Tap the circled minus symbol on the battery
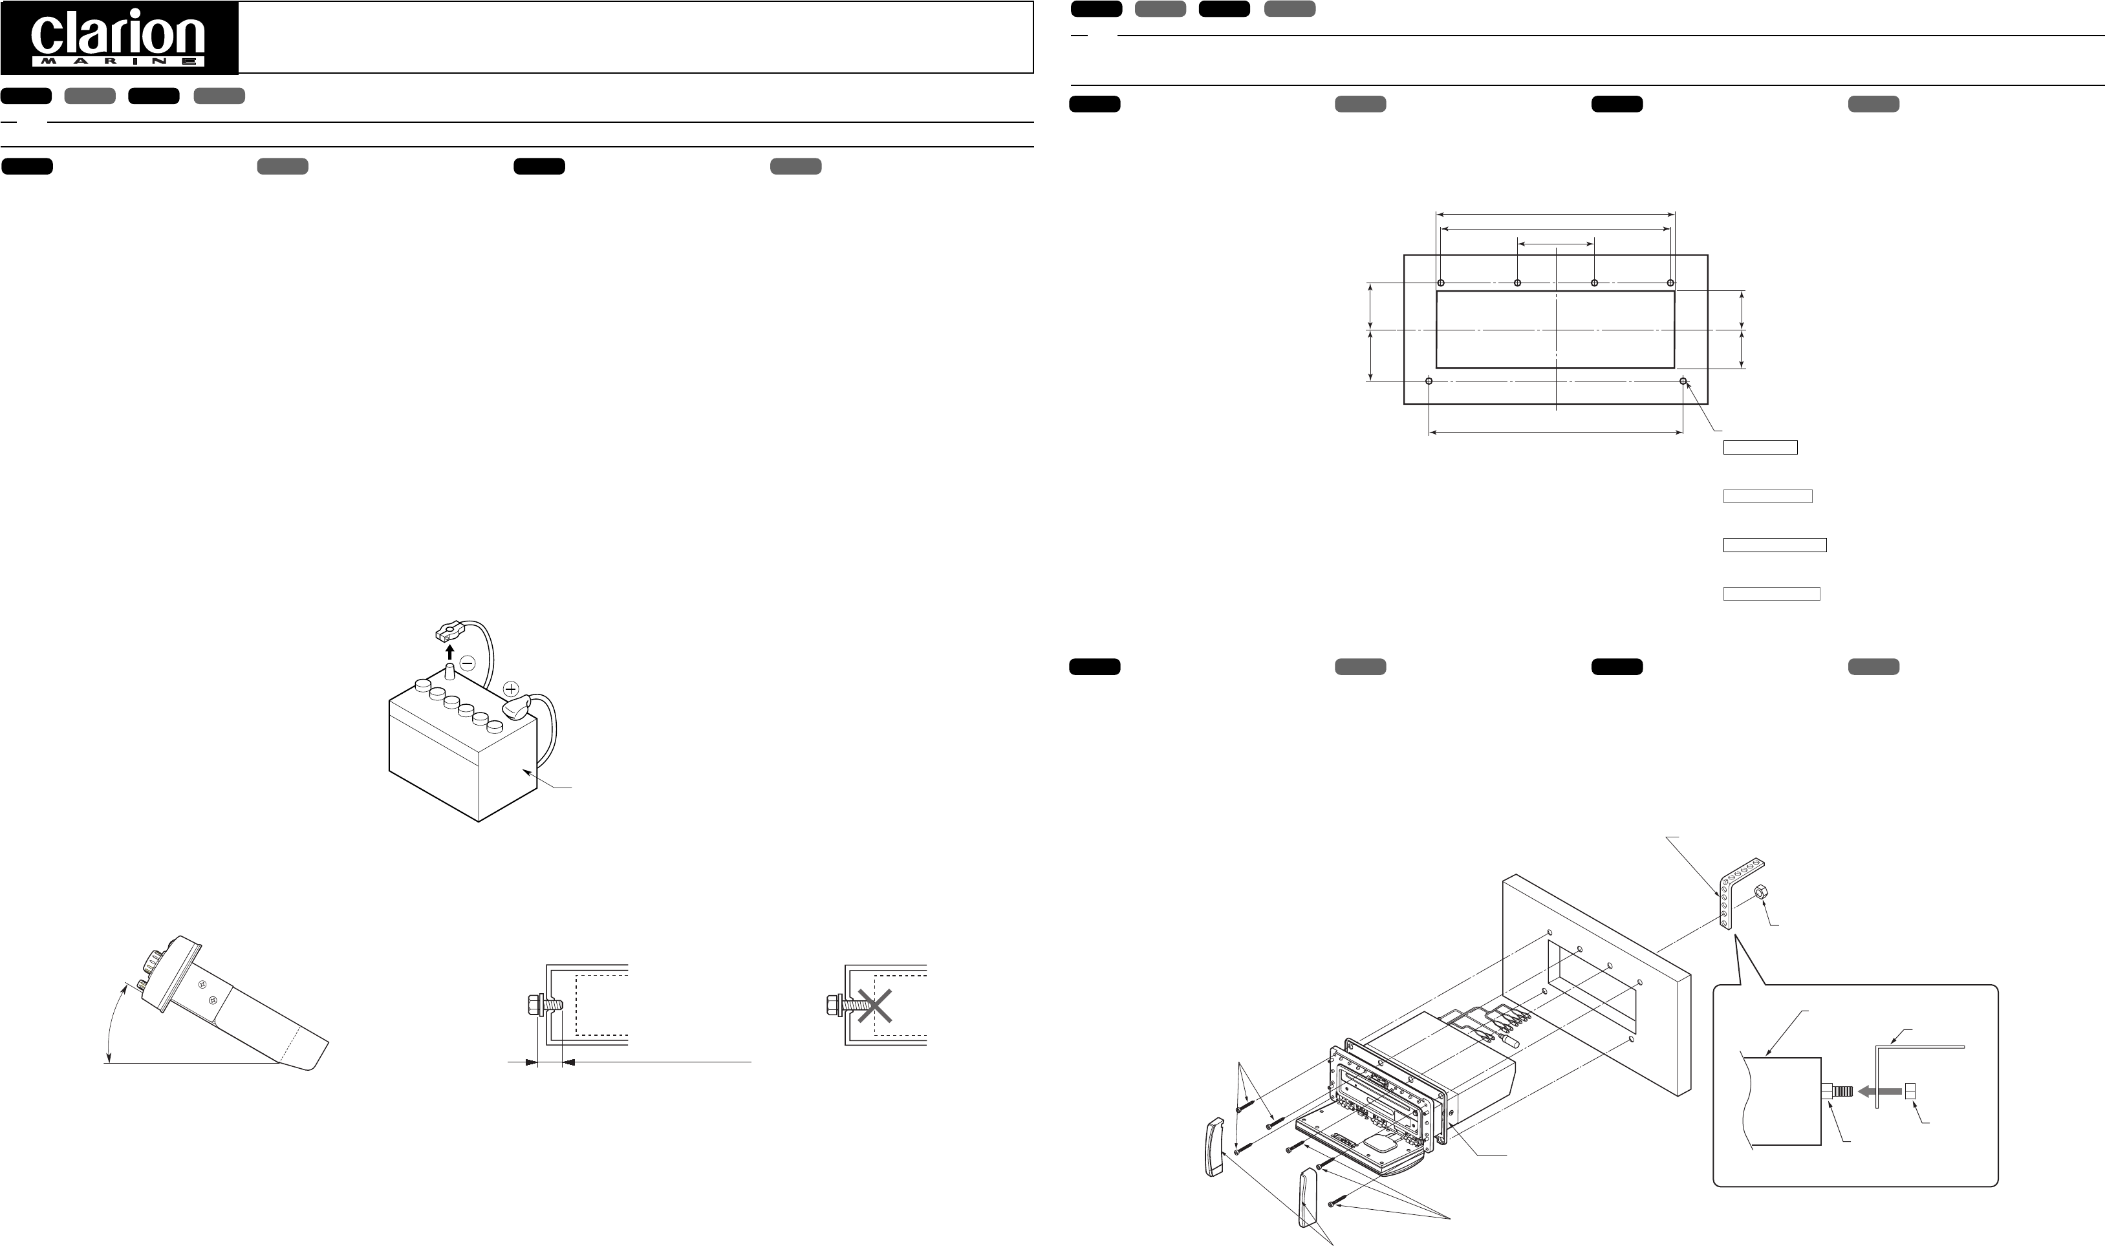pos(468,663)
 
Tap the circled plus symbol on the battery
pos(510,689)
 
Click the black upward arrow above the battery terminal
pos(449,652)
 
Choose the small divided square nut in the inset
pos(1909,1091)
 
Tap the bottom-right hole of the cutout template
pos(1683,381)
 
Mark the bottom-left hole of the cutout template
pos(1429,381)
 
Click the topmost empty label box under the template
pos(1760,447)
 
